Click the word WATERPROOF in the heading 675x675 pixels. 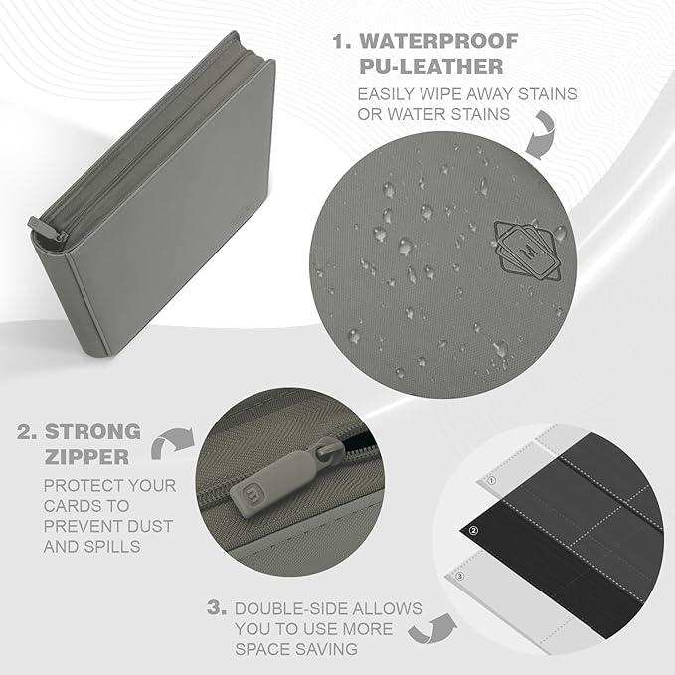pos(438,41)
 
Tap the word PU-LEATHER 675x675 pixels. pos(430,67)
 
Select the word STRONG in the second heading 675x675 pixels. pos(93,431)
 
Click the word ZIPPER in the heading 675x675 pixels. pos(86,457)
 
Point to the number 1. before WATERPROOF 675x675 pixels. pos(342,42)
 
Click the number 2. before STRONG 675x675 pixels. pos(27,432)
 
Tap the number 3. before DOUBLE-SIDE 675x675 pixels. pos(217,608)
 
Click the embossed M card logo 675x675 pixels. pos(527,251)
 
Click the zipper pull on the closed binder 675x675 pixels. pos(46,229)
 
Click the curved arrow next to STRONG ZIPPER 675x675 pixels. pos(172,443)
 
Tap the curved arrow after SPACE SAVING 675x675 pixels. pos(432,630)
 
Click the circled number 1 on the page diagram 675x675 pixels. pos(492,481)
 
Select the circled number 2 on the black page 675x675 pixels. pos(473,531)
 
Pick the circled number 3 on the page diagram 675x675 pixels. pos(459,576)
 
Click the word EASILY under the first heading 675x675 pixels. pos(386,94)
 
